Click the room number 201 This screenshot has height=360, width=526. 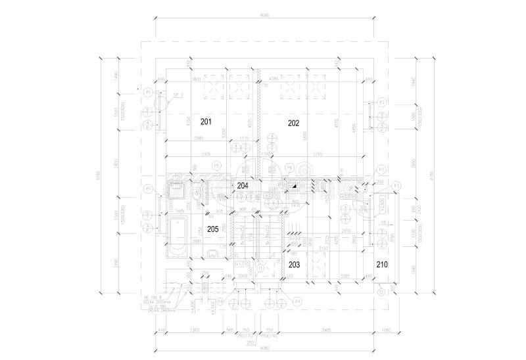point(206,122)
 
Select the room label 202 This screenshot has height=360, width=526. point(293,123)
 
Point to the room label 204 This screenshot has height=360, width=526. point(243,185)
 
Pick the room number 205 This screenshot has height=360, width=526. point(212,229)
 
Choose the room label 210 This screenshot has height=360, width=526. point(382,264)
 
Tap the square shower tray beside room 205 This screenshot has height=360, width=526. point(176,191)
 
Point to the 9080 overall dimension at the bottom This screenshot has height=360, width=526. point(264,346)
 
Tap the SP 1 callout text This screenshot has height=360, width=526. point(177,96)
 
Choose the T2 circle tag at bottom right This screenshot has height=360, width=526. point(382,290)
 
